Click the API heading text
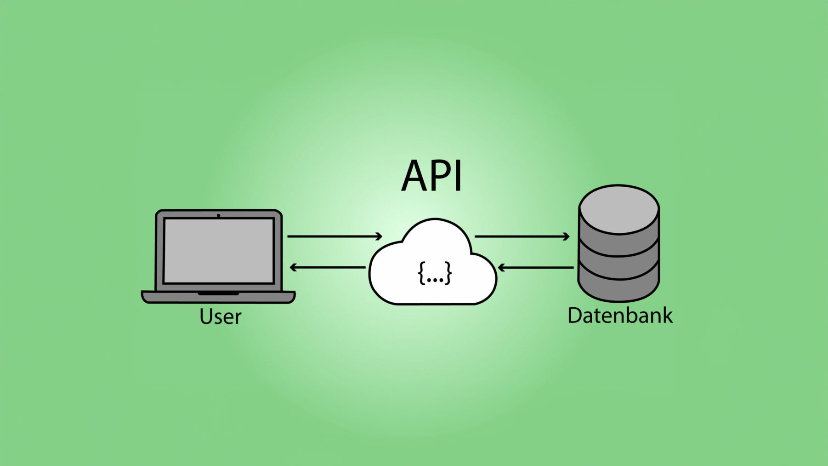pos(431,176)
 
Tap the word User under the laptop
pos(220,317)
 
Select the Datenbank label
pos(620,316)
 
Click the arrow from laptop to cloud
pos(335,236)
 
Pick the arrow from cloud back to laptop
pos(328,267)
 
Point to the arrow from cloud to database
pos(522,236)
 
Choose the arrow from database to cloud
pos(536,267)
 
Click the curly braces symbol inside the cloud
pos(435,273)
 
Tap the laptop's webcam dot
pos(218,215)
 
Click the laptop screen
pos(219,251)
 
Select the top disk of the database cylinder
pos(619,209)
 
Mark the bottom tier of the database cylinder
pos(618,288)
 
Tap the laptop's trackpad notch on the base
pos(218,293)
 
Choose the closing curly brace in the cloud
pos(448,273)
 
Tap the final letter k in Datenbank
pos(667,316)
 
